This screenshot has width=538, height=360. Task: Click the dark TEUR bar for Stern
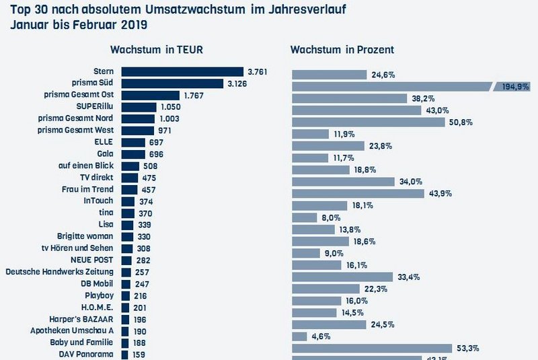pos(182,71)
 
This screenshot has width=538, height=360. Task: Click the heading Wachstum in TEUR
pos(157,50)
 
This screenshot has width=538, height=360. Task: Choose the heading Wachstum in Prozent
pos(342,50)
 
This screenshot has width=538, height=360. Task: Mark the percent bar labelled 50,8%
pos(368,122)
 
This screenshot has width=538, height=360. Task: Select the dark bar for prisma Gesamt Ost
pos(150,95)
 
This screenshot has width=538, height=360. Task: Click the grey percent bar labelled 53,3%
pos(376,348)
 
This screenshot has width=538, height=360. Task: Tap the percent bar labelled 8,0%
pos(304,217)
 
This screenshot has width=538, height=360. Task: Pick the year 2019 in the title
pos(132,26)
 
